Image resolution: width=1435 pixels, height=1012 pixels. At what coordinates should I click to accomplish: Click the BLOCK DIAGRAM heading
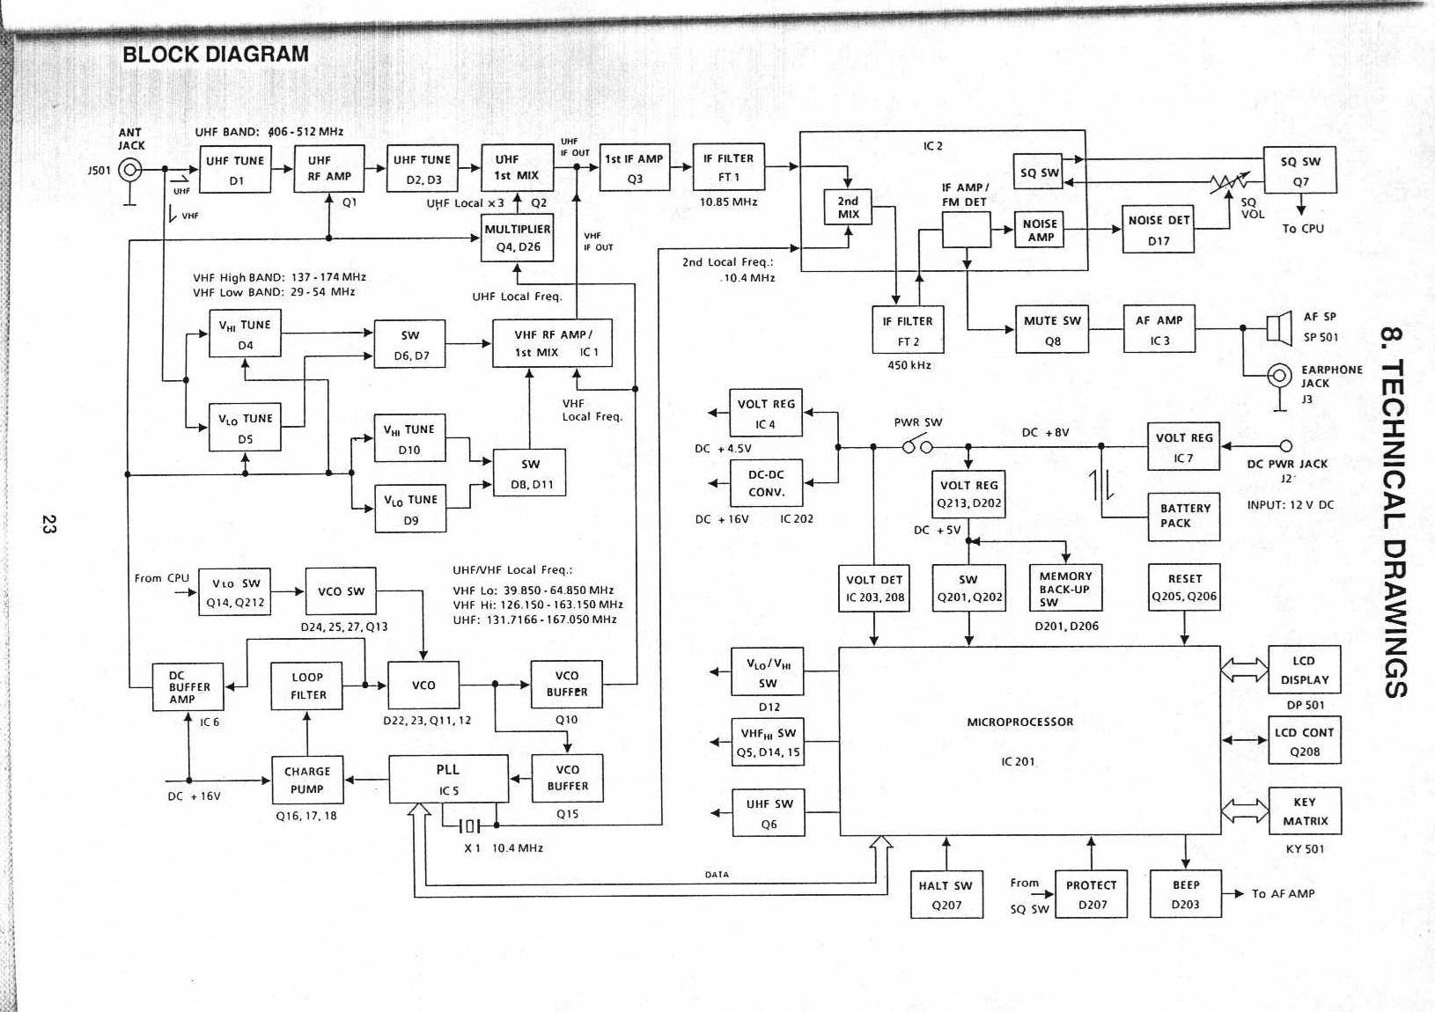click(216, 54)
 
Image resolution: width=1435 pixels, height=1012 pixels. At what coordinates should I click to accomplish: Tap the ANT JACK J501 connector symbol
click(130, 170)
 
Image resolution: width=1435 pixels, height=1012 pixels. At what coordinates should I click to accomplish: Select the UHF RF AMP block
click(328, 169)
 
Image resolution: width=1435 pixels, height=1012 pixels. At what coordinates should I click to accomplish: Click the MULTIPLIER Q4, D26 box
click(518, 238)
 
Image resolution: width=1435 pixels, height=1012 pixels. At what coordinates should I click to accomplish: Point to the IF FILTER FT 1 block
click(728, 167)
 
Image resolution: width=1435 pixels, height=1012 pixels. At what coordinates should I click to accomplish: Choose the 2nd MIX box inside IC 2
click(848, 208)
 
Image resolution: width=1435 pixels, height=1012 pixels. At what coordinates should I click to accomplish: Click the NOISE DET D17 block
click(1158, 230)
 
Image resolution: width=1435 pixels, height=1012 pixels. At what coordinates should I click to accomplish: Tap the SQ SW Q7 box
click(1299, 171)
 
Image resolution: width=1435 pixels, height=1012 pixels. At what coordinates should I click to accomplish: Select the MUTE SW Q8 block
click(1052, 330)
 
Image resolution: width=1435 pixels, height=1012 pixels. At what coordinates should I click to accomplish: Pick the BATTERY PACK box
click(1184, 516)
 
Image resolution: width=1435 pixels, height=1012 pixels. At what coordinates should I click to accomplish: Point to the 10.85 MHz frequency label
click(728, 202)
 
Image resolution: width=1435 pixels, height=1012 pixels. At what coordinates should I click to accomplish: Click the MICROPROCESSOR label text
click(1020, 722)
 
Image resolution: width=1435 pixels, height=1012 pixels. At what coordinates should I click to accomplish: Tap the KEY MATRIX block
click(1304, 811)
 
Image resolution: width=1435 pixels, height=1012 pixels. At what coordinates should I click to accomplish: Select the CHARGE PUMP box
click(306, 781)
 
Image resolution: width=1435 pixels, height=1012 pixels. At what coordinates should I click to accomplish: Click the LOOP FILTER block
click(307, 686)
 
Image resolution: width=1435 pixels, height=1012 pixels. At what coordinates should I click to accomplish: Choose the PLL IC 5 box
click(448, 779)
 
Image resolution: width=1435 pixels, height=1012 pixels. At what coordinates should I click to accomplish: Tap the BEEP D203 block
click(1185, 894)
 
